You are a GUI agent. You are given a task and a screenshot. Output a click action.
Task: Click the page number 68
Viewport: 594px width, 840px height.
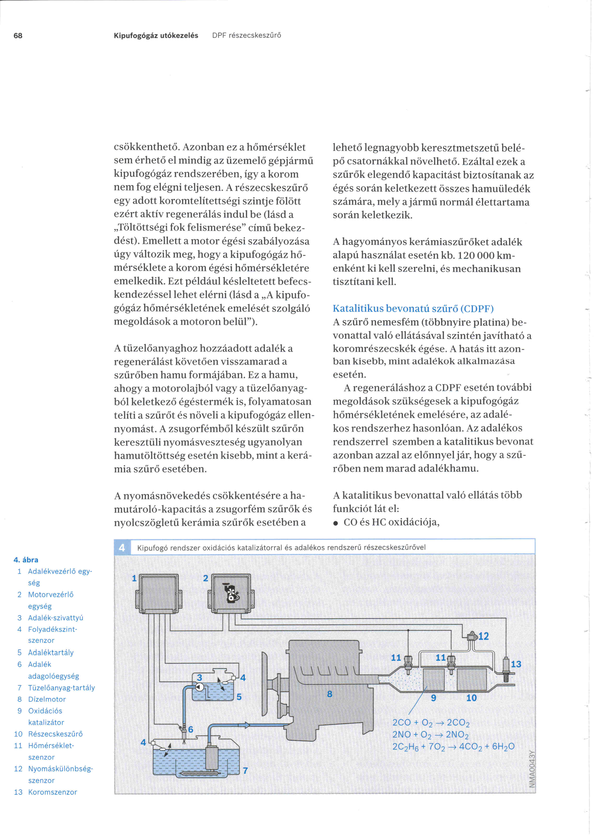[18, 35]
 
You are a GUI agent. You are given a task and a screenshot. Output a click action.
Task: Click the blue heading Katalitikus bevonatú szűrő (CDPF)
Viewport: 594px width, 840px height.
[413, 309]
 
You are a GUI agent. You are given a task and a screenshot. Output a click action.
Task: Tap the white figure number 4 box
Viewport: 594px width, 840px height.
[122, 547]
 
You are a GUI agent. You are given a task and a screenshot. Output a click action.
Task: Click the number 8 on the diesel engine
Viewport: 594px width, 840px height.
[330, 694]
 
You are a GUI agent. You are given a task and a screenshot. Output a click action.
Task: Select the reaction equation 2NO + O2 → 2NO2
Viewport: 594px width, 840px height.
[430, 734]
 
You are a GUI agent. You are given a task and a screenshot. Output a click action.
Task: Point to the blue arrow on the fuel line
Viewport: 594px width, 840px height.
[244, 725]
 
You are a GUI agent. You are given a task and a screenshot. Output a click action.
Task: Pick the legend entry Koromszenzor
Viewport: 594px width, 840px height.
[52, 792]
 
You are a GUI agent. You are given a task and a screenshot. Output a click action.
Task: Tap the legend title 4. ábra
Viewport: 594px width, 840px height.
[26, 560]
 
